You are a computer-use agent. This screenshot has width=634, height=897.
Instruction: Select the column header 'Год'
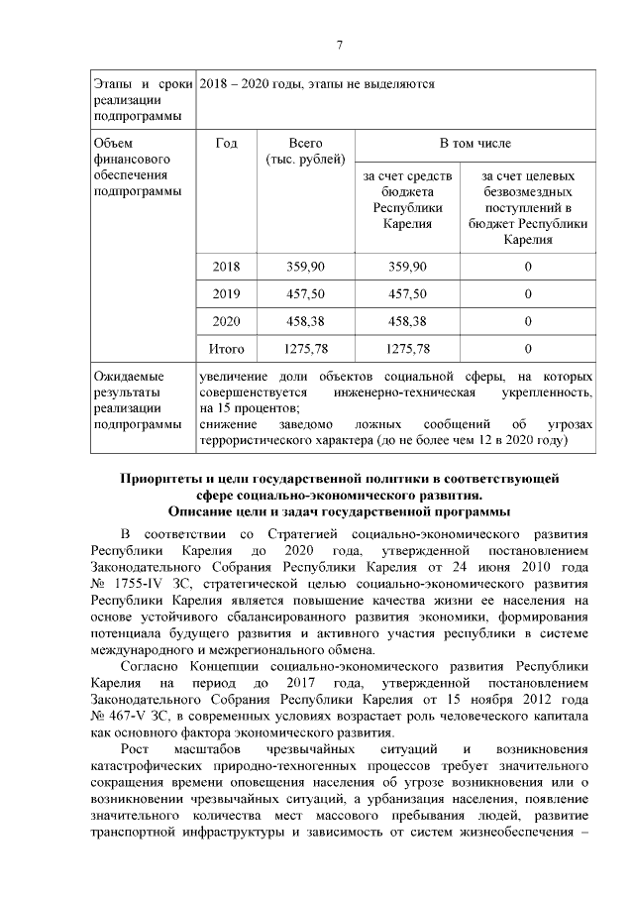[226, 144]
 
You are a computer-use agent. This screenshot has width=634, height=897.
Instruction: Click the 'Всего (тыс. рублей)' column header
[305, 152]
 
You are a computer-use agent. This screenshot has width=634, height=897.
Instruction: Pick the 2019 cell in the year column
[226, 294]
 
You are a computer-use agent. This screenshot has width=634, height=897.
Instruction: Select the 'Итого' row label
[226, 349]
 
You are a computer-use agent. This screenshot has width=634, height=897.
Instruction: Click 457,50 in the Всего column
[305, 294]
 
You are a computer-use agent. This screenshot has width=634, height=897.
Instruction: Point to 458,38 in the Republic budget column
[407, 321]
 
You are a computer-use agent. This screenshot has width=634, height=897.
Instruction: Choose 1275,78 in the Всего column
[305, 349]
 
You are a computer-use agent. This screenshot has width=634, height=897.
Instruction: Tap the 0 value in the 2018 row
[527, 267]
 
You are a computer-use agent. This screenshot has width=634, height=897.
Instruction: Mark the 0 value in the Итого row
[527, 349]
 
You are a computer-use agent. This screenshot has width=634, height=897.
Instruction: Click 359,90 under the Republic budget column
[407, 267]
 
